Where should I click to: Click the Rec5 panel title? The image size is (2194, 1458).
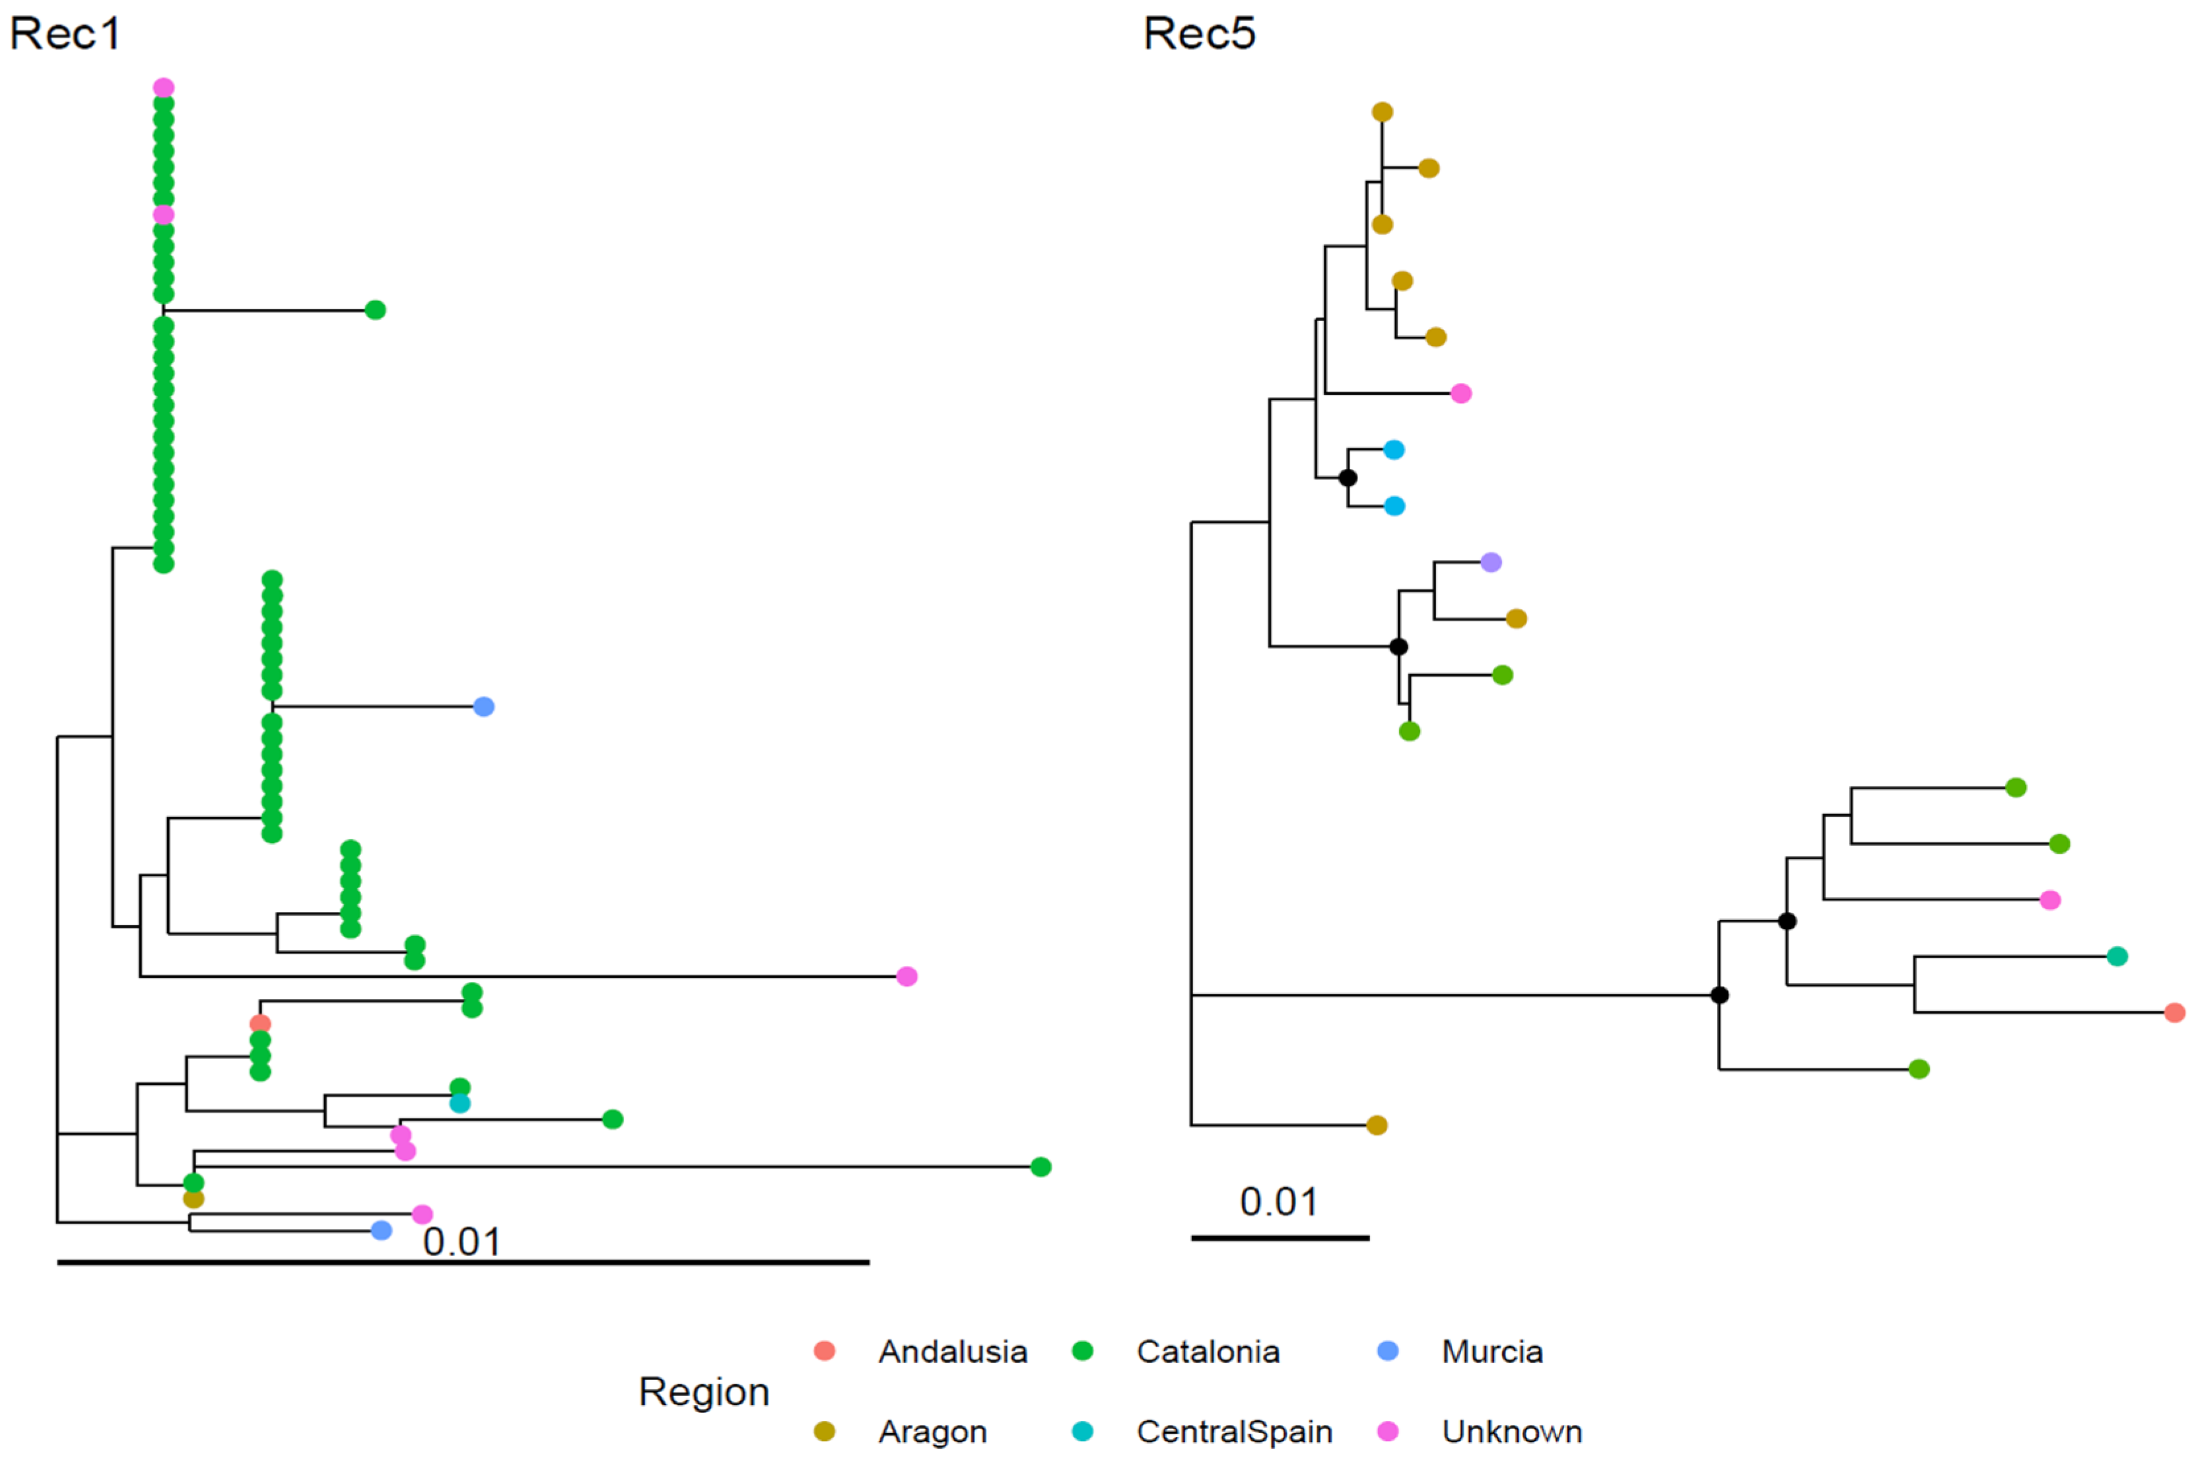coord(1198,34)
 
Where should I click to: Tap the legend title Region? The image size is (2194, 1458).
coord(704,1392)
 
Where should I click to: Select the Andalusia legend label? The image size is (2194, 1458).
coord(953,1351)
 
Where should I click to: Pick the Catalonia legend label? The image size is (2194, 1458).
coord(1208,1351)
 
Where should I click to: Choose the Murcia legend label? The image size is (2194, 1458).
coord(1491,1351)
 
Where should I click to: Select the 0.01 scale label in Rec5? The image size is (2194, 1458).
coord(1278,1202)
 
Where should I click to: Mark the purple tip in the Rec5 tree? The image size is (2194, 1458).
coord(1490,562)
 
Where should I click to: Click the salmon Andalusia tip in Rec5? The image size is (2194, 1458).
coord(2174,1012)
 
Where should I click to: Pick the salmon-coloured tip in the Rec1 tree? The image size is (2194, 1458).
coord(260,1024)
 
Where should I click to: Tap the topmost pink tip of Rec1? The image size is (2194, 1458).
coord(164,87)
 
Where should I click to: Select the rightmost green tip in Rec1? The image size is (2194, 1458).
coord(1041,1167)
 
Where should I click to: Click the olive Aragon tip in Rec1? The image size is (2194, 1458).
coord(193,1198)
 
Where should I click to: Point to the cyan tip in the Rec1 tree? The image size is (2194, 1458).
coord(460,1103)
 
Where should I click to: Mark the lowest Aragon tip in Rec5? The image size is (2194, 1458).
coord(1377,1125)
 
